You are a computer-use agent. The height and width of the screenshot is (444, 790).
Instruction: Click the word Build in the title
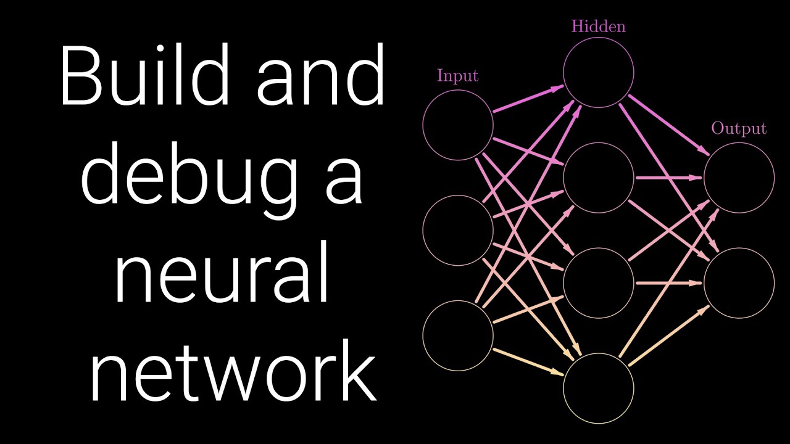coord(145,75)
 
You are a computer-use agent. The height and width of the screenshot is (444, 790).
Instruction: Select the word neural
coord(222,271)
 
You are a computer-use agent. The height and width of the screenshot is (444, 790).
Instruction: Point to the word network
coord(233,371)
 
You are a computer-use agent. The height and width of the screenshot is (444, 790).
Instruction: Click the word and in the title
coord(320,75)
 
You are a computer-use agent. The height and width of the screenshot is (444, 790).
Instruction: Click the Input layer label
coord(457,76)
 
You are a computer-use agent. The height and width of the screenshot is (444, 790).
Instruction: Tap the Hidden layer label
coord(599,27)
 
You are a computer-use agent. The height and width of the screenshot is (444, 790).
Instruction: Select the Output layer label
coord(739,129)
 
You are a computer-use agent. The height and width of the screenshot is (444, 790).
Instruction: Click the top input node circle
coord(423,125)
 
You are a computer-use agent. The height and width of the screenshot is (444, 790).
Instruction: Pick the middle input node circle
coord(423,230)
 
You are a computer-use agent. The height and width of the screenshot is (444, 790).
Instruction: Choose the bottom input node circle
coord(423,336)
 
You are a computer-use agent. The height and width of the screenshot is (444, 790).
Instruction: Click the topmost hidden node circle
coord(563,72)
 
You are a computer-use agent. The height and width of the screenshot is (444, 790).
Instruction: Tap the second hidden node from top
coord(563,178)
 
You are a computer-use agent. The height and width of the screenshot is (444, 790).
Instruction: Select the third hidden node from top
coord(563,283)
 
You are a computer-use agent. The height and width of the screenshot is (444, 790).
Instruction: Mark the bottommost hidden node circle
coord(563,388)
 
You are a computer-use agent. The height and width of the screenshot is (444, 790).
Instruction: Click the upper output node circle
coord(704,178)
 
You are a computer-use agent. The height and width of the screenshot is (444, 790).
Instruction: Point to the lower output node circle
coord(704,283)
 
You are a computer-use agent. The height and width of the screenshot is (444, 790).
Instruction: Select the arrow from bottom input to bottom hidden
coord(528,362)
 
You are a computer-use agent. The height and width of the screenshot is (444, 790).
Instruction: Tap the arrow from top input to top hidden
coord(528,99)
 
